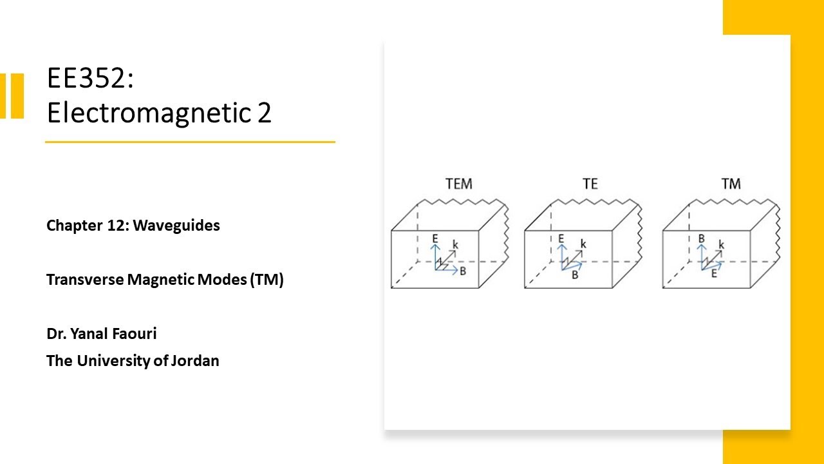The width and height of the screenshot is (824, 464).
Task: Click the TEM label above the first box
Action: click(458, 184)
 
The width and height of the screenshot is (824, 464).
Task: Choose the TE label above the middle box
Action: click(590, 184)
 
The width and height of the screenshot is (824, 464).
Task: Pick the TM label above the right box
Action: click(731, 184)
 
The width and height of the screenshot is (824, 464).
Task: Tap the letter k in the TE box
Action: click(583, 244)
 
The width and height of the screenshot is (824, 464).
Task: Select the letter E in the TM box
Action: click(714, 274)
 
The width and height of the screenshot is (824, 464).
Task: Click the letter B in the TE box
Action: click(576, 275)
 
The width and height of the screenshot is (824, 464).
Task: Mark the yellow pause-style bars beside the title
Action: click(12, 96)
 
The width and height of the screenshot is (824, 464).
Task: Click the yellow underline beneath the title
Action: click(190, 142)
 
